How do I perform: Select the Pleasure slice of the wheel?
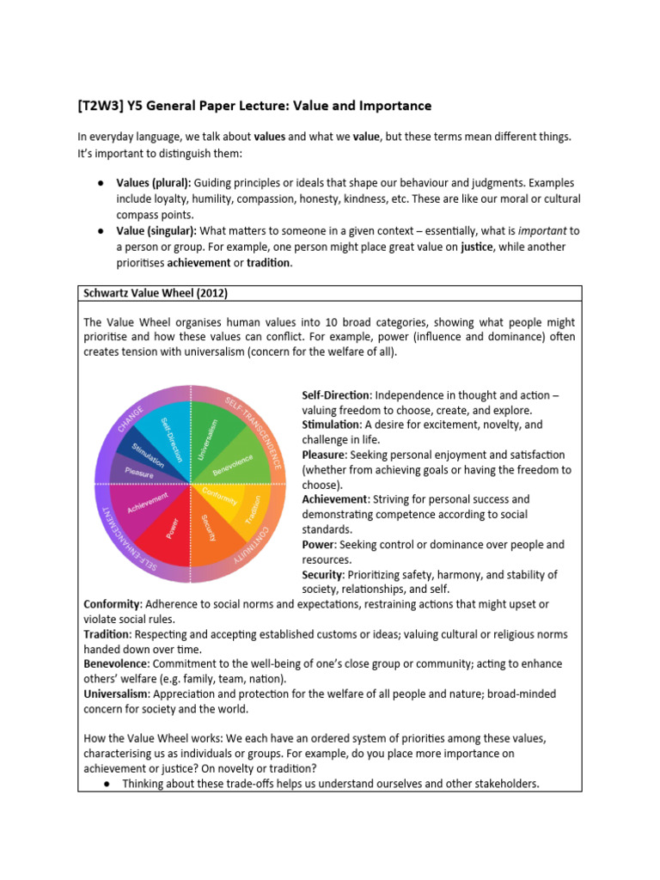pos(137,471)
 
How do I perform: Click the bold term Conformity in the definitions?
pos(112,604)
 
